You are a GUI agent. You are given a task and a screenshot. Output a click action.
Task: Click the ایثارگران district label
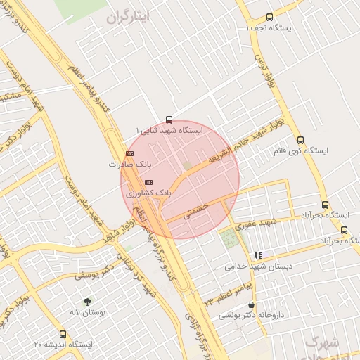[127, 17]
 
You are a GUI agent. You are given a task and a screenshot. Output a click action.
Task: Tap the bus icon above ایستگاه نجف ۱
[269, 18]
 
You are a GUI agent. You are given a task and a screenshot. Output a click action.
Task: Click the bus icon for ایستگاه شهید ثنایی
[168, 119]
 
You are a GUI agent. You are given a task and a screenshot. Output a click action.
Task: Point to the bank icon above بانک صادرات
[129, 153]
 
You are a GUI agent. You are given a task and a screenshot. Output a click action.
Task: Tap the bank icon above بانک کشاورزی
[148, 181]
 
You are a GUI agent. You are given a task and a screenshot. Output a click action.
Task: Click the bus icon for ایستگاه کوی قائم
[301, 139]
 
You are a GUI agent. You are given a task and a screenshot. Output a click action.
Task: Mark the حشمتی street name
[198, 211]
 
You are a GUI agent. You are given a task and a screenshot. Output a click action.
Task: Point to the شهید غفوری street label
[259, 224]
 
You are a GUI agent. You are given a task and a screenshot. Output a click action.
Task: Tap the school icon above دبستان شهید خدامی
[258, 255]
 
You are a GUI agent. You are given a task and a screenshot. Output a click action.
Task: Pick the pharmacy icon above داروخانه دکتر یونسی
[251, 304]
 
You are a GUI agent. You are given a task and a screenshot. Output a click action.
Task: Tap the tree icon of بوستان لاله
[87, 301]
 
